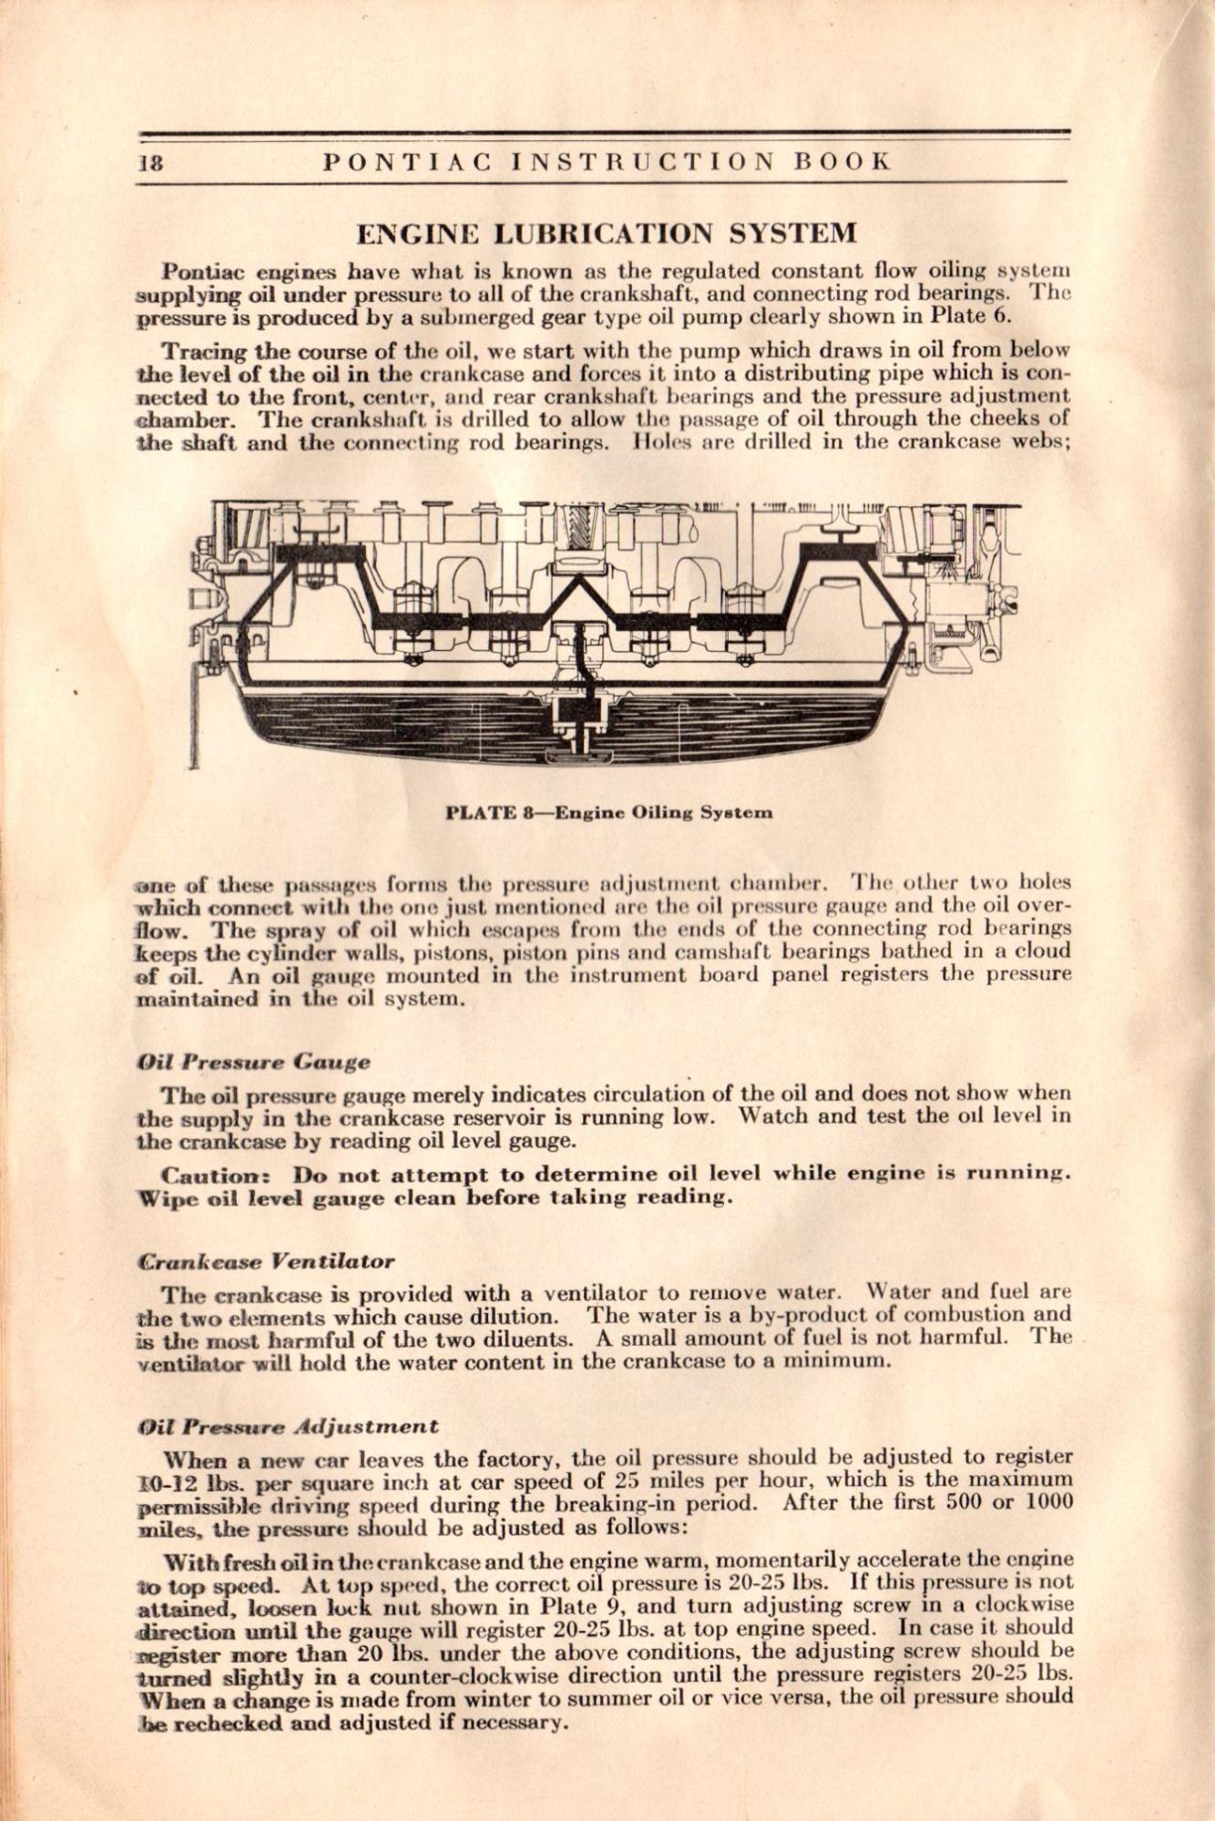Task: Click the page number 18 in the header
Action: click(x=151, y=163)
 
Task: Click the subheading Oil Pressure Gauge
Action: click(x=253, y=1062)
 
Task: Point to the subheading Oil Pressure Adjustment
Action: click(x=287, y=1426)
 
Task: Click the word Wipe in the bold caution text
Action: click(x=167, y=1198)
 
